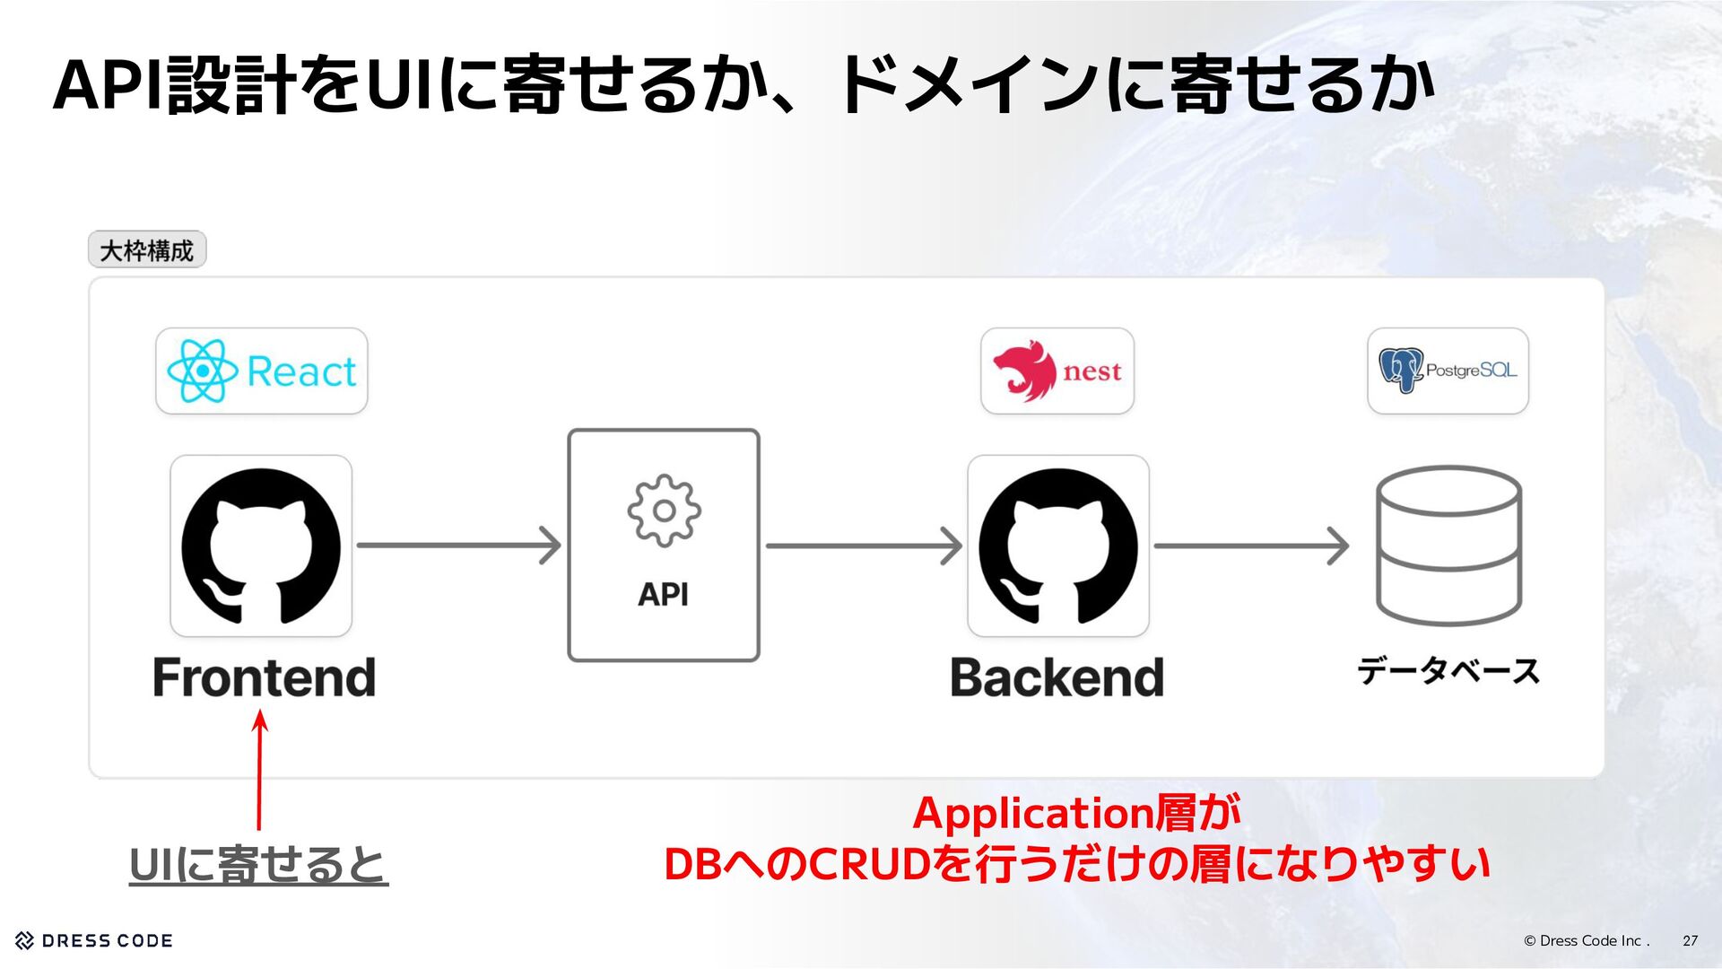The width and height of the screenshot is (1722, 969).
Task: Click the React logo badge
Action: click(x=261, y=371)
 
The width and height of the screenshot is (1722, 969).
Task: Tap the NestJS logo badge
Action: click(x=1057, y=371)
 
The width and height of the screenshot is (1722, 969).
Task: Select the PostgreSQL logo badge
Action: click(x=1448, y=371)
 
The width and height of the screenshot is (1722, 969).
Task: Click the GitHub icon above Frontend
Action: click(x=261, y=546)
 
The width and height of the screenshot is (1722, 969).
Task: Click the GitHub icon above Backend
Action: click(x=1057, y=546)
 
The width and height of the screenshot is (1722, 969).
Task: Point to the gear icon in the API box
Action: click(x=664, y=511)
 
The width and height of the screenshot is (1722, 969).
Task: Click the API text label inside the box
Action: click(x=664, y=594)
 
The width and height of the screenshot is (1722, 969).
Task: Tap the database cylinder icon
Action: click(x=1448, y=546)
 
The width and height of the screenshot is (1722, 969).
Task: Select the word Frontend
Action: click(x=264, y=677)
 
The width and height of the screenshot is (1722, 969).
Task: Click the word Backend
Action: click(x=1057, y=677)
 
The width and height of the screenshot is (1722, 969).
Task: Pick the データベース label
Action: click(x=1448, y=671)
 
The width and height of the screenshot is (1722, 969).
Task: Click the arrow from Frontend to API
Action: click(x=458, y=546)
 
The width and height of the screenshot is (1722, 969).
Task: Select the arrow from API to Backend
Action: click(x=863, y=546)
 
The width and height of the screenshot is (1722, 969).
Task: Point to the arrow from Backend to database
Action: click(x=1250, y=546)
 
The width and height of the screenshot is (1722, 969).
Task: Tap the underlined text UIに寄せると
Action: click(x=258, y=865)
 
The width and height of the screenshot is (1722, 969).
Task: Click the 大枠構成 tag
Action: click(x=147, y=250)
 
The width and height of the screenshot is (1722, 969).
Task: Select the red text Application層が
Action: click(x=1076, y=814)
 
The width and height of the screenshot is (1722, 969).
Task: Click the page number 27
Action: click(x=1690, y=940)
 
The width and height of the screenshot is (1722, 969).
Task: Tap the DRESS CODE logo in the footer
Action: click(x=94, y=940)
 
